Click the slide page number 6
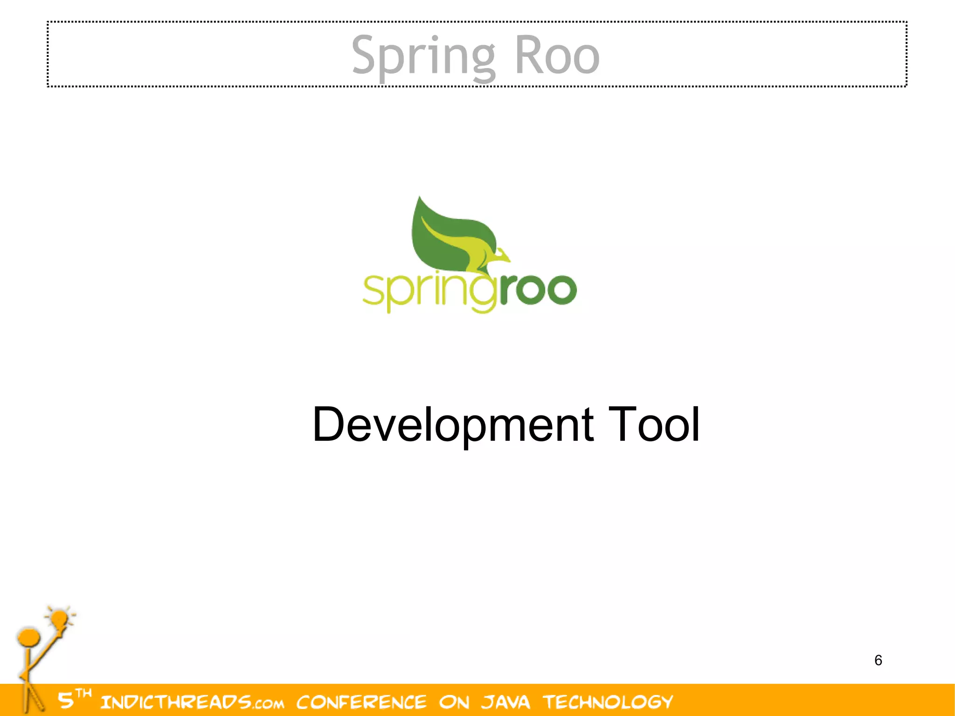[878, 660]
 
